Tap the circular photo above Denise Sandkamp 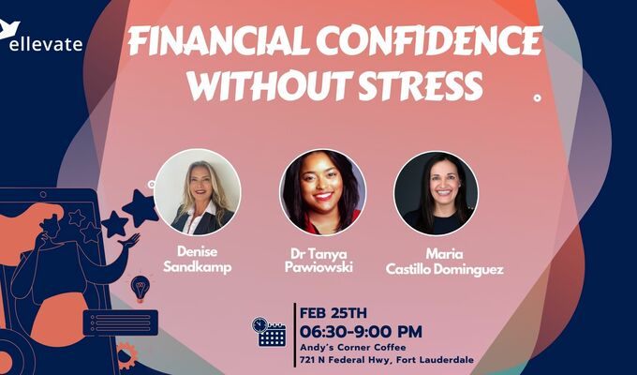pyautogui.click(x=198, y=192)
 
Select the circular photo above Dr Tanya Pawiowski pyautogui.click(x=322, y=192)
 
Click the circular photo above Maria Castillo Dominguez pyautogui.click(x=436, y=192)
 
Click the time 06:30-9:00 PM pyautogui.click(x=361, y=331)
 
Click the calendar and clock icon pyautogui.click(x=270, y=331)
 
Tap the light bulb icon pyautogui.click(x=141, y=288)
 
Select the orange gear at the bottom pyautogui.click(x=125, y=353)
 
